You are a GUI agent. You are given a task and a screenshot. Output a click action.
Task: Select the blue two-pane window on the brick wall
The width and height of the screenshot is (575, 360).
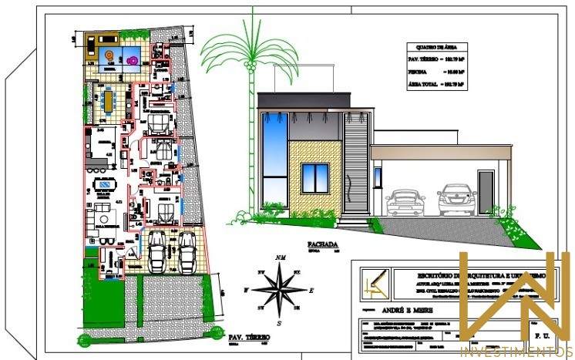point(314,179)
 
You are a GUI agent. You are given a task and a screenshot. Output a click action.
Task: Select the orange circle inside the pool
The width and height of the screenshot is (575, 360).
point(109,55)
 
